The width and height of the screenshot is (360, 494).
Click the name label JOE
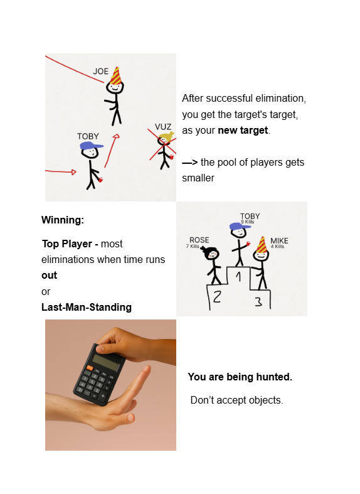tap(100, 71)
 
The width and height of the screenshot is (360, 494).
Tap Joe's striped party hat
tap(116, 76)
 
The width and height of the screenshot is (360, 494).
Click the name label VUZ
tap(163, 127)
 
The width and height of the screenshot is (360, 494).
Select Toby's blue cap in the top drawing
tap(91, 146)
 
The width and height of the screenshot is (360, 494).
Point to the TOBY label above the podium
tap(250, 217)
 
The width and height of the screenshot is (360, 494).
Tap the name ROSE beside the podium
tap(199, 240)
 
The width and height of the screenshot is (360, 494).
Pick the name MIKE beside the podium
tap(279, 241)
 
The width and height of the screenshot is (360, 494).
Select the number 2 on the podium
tap(216, 297)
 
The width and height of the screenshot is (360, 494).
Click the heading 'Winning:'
tap(62, 220)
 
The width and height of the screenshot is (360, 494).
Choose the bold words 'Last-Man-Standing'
tap(87, 307)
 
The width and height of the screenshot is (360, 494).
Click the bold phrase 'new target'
tap(243, 131)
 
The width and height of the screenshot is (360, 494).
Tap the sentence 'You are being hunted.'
tap(240, 377)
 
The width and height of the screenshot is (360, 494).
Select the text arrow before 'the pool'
tap(190, 162)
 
